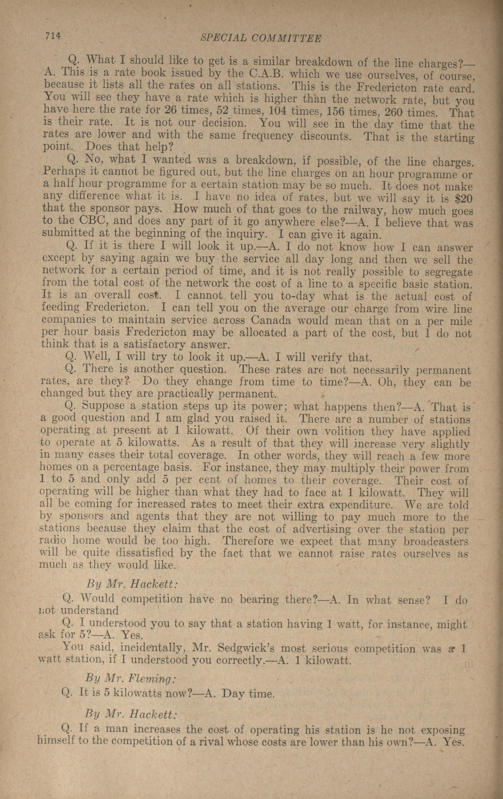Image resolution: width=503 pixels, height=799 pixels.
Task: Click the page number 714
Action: [53, 36]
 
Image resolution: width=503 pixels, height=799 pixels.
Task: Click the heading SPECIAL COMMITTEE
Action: [261, 38]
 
